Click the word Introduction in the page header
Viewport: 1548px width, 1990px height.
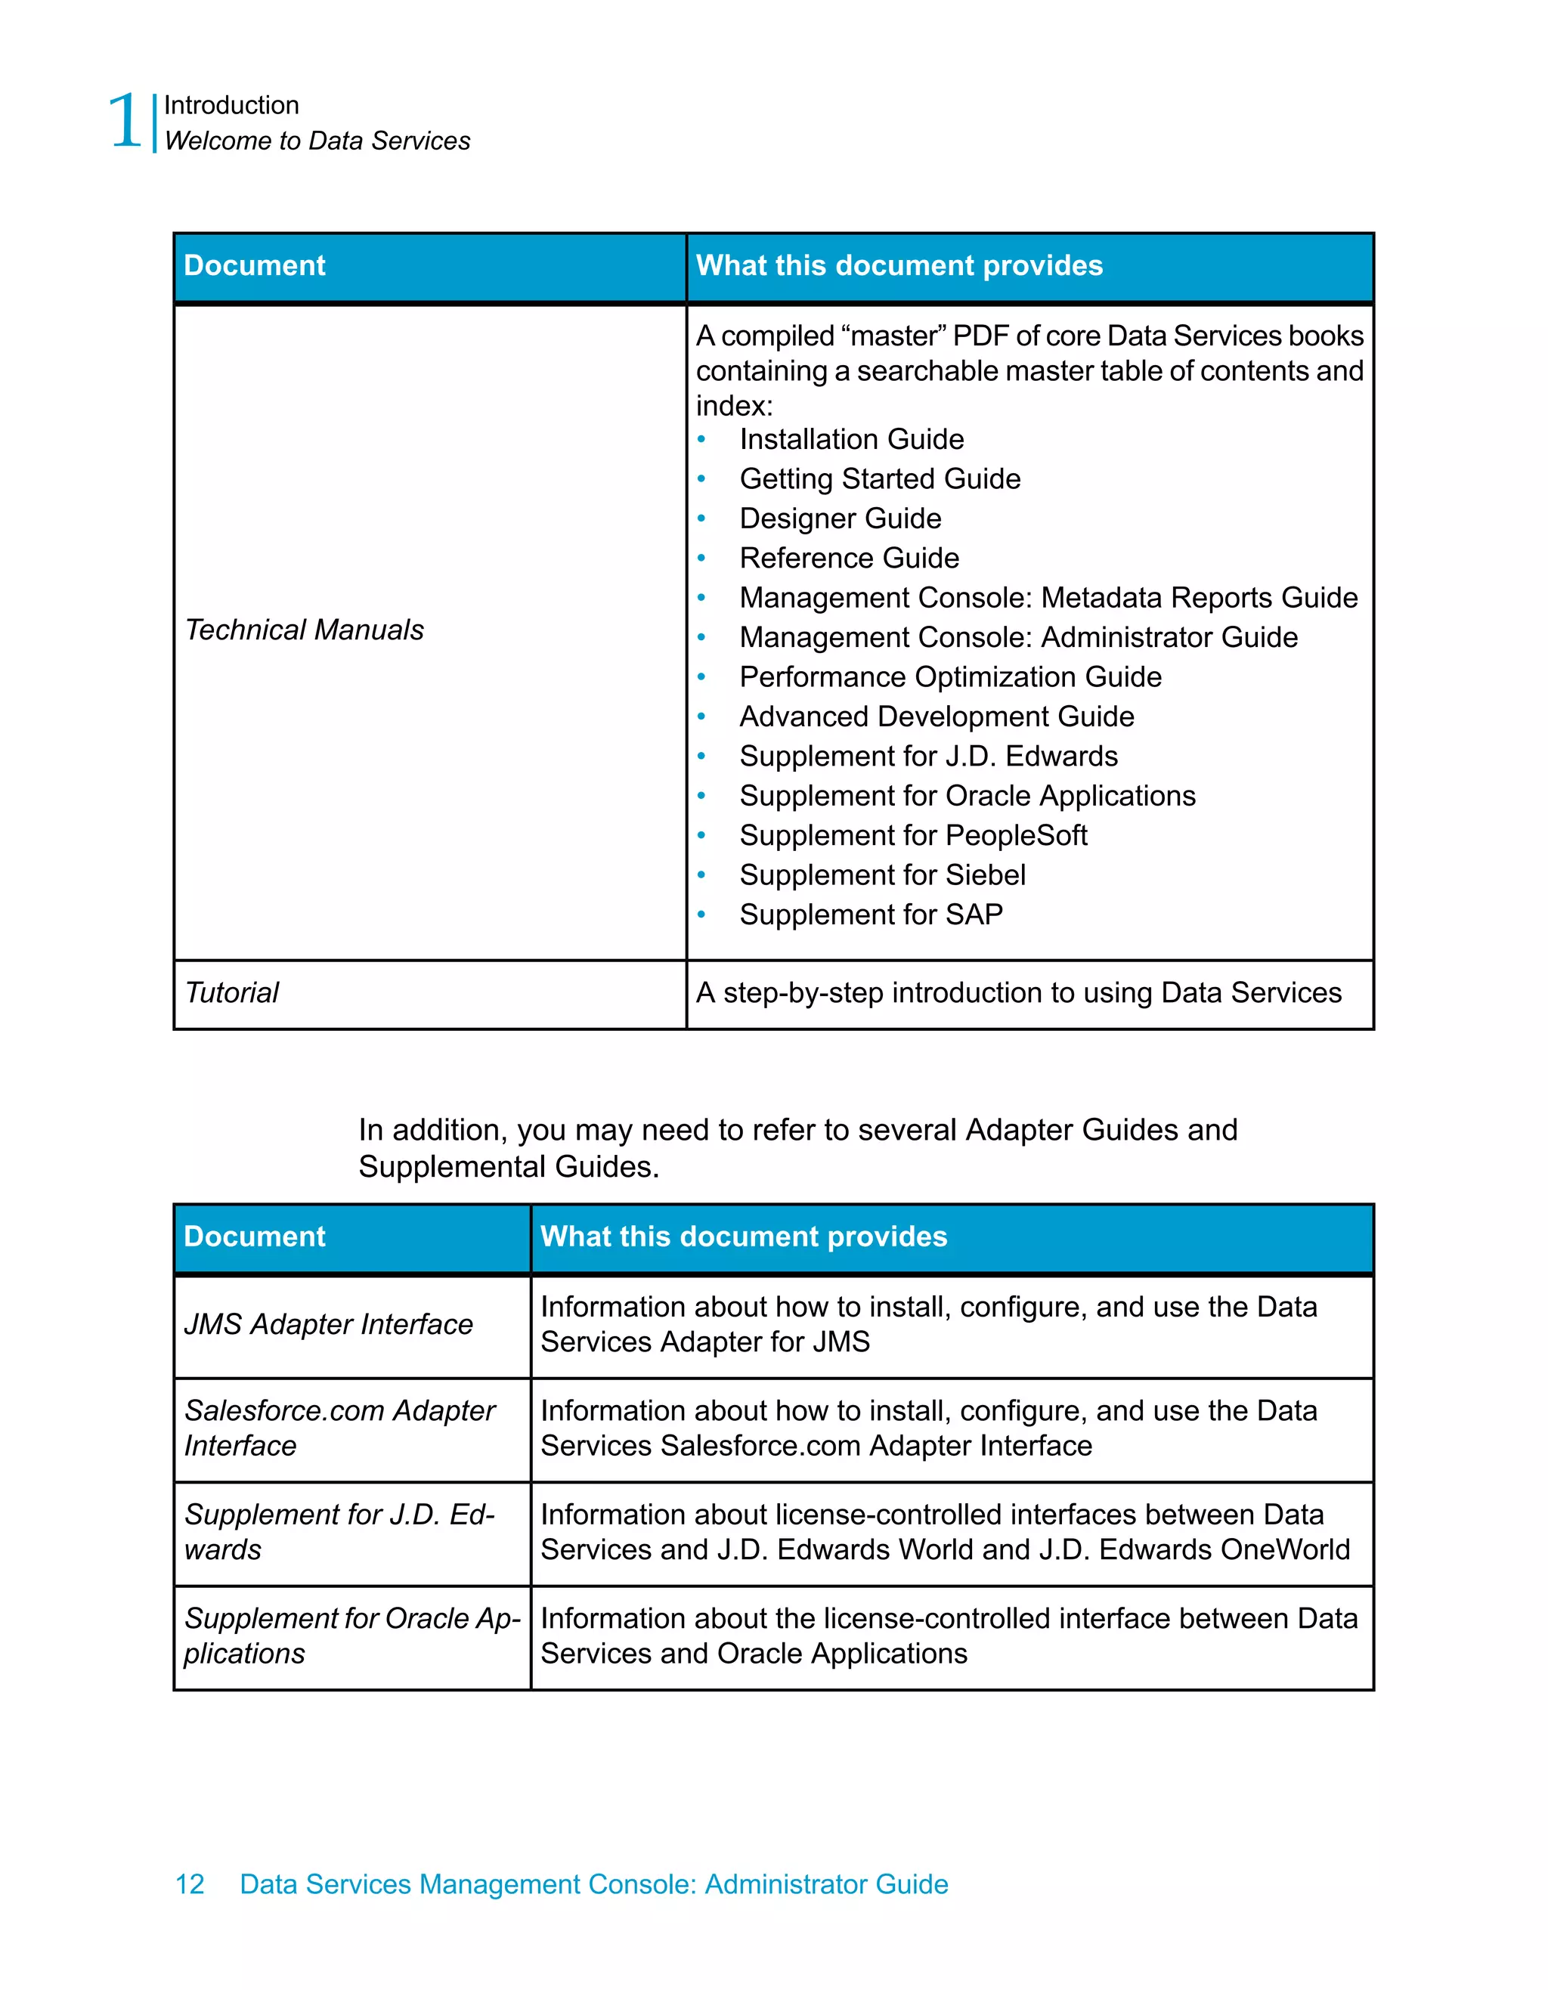coord(231,106)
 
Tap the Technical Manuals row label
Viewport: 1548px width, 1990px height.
coord(305,630)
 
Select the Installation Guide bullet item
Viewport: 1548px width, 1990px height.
coord(851,439)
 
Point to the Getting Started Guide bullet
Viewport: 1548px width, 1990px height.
coord(879,478)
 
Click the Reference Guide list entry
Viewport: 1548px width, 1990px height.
coord(848,558)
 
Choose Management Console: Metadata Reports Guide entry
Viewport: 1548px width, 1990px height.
coord(1048,598)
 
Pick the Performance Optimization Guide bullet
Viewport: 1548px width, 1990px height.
coord(949,677)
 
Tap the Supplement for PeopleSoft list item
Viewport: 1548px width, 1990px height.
coord(913,836)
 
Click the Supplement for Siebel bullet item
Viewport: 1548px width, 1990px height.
coord(882,874)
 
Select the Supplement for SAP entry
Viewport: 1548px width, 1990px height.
coord(870,915)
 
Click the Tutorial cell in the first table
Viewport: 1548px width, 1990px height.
coord(232,992)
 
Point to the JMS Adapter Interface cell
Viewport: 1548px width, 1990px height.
coord(328,1324)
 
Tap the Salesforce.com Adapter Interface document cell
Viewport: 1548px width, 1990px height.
coord(339,1428)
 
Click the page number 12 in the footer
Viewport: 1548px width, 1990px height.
coord(190,1884)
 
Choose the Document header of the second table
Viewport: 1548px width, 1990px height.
coord(254,1236)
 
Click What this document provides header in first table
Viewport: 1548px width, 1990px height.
coord(899,265)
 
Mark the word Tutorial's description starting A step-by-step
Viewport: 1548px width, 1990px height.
coord(1017,992)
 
